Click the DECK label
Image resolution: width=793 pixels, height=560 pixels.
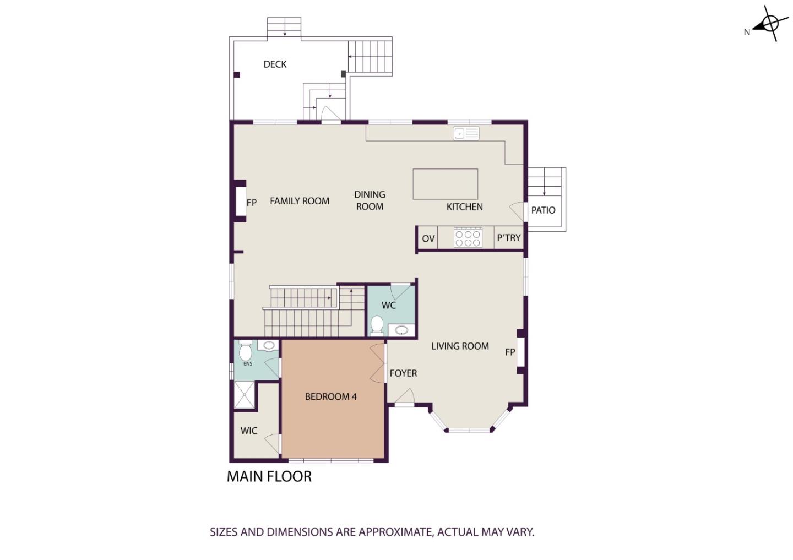click(275, 64)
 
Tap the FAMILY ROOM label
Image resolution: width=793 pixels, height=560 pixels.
click(300, 201)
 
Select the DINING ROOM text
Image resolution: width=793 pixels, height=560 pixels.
click(370, 200)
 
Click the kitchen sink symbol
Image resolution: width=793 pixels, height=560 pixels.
click(466, 133)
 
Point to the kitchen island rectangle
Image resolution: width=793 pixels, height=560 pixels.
click(446, 184)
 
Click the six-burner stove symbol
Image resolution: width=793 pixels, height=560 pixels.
click(468, 237)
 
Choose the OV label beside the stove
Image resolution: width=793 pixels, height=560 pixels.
click(428, 238)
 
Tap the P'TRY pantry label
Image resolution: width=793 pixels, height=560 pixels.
click(509, 238)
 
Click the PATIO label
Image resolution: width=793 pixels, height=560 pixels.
click(543, 210)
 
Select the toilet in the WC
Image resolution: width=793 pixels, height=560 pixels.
click(377, 325)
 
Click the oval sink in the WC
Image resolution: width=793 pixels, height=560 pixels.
click(401, 330)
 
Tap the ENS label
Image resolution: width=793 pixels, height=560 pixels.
click(248, 364)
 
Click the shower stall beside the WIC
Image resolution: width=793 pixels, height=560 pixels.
click(245, 395)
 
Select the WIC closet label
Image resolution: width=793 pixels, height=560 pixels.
click(248, 431)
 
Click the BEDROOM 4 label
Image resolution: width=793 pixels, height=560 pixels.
click(330, 396)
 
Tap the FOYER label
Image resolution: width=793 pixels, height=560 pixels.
click(403, 373)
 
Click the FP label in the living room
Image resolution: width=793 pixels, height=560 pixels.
click(510, 352)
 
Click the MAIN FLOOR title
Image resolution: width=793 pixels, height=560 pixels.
click(269, 476)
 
